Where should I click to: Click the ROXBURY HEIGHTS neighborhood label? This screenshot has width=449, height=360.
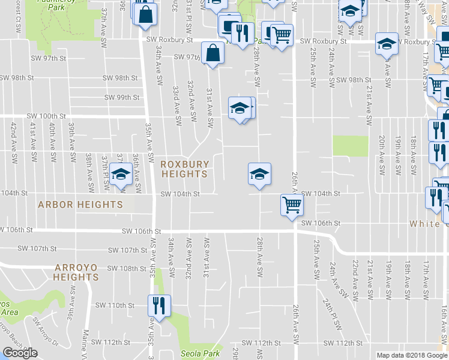185,169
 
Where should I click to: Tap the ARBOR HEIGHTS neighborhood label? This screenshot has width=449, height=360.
80,205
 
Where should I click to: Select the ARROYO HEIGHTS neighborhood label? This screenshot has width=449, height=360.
76,272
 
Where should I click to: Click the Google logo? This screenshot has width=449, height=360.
20,353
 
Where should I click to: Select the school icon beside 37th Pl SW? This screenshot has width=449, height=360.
121,175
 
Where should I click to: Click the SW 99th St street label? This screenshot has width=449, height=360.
122,97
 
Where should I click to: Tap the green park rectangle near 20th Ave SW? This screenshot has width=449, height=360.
350,145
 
